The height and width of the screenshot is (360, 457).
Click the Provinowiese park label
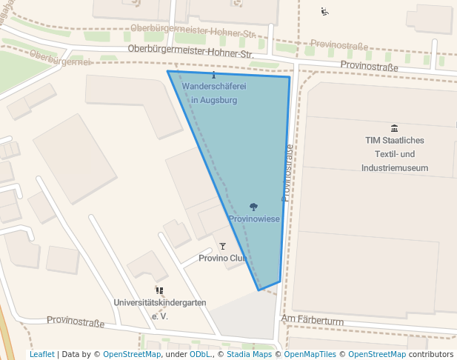(253, 219)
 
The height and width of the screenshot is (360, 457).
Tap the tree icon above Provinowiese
(253, 207)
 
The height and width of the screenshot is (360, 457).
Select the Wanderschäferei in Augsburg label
(214, 93)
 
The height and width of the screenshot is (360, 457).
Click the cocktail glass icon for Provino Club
(222, 246)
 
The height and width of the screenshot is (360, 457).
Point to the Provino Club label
(223, 259)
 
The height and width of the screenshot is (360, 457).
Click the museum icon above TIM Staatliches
(394, 128)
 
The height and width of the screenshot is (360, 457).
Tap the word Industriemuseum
(395, 168)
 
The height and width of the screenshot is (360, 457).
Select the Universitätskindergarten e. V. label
(160, 309)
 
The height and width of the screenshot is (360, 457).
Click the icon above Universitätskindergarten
(159, 290)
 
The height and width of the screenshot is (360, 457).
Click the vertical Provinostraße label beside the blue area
(287, 173)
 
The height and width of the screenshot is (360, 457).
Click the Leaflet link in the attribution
(41, 354)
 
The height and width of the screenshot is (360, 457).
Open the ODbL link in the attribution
(200, 354)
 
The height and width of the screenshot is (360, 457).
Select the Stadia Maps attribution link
(249, 354)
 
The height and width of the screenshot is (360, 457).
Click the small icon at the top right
(324, 11)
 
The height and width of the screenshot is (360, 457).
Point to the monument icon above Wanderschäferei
(214, 75)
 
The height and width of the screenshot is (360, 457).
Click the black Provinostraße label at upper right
(369, 67)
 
